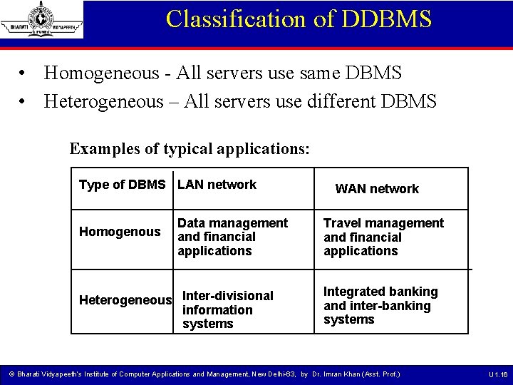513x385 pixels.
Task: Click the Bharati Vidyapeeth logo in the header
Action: (42, 19)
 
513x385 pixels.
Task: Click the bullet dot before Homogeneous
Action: (24, 73)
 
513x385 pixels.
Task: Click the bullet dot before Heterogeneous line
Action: (24, 102)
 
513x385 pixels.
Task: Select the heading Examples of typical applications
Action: (190, 149)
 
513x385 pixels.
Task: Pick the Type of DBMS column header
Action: (122, 185)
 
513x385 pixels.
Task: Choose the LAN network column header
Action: (217, 185)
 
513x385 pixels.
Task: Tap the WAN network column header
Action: (377, 189)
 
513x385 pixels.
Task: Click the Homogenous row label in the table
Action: (120, 232)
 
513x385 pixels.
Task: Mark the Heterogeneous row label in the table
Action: (125, 300)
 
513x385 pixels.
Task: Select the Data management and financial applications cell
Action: (232, 237)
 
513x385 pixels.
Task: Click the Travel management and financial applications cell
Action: (383, 237)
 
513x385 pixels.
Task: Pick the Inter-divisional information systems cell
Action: (227, 309)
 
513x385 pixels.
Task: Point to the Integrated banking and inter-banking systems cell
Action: (380, 305)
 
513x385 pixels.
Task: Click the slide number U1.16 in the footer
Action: (498, 374)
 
